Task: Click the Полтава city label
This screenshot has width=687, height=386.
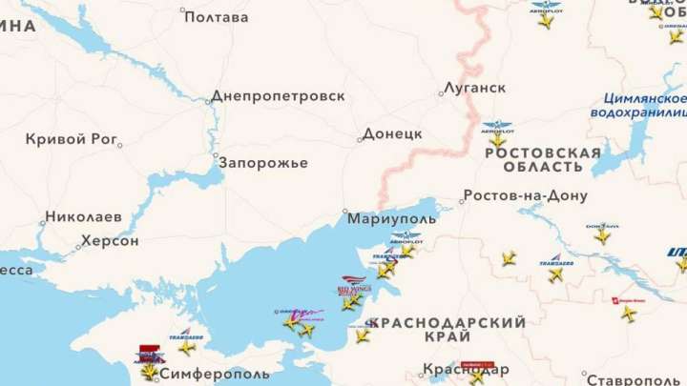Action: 216,17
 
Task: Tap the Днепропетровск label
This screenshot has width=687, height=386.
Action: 278,96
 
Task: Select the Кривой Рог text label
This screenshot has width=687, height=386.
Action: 70,138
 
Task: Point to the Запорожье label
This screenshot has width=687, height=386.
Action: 263,163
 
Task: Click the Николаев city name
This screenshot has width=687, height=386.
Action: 83,216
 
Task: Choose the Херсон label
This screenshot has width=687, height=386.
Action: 110,241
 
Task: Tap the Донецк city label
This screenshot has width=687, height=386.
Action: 392,133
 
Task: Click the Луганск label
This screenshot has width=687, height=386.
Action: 474,88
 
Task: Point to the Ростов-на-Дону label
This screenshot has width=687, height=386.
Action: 525,196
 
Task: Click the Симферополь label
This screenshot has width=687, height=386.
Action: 216,375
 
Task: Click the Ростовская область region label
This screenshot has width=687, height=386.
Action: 543,159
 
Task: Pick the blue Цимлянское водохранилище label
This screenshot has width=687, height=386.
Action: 644,105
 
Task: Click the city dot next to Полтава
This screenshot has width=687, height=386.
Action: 183,10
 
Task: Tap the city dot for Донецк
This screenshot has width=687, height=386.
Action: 360,139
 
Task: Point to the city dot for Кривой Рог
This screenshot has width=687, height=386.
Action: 118,145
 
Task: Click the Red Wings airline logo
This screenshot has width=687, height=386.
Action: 352,282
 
